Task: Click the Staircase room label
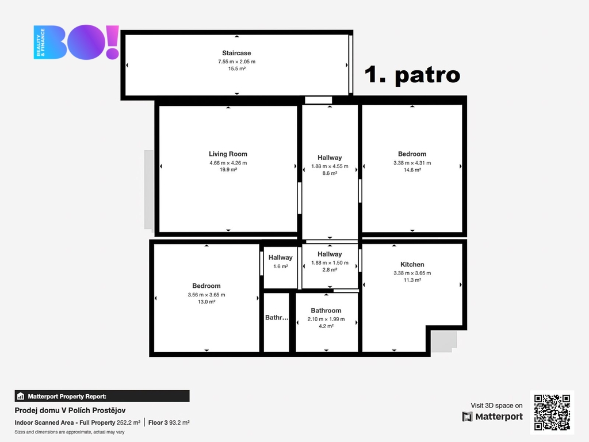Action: (236, 53)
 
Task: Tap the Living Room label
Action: (228, 154)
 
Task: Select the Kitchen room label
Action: (412, 264)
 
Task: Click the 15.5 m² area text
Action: (236, 69)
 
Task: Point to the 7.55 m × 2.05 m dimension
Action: (236, 62)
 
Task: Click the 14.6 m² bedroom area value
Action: (412, 170)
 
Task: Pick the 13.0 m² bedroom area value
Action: (206, 302)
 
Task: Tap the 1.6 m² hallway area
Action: (281, 266)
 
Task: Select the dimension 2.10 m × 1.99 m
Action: (326, 319)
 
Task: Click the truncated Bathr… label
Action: (277, 318)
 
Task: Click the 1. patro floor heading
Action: (412, 74)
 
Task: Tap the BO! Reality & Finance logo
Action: (77, 42)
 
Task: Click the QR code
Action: (552, 412)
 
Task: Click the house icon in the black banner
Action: (21, 396)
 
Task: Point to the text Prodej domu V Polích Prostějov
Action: (70, 410)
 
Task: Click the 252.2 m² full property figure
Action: (128, 422)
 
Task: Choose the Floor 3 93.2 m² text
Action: (169, 422)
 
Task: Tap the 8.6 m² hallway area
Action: (330, 173)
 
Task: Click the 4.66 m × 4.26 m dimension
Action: (228, 163)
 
